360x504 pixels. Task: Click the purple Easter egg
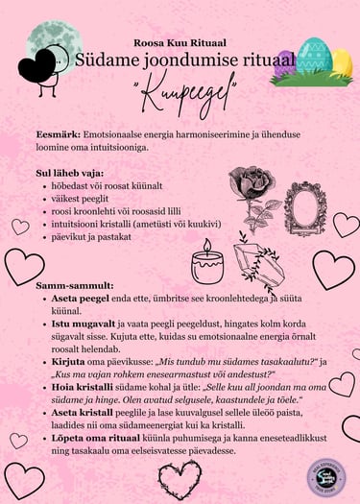[x=285, y=62]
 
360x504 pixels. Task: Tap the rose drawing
[x=252, y=191]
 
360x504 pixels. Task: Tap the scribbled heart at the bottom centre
[x=180, y=479]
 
